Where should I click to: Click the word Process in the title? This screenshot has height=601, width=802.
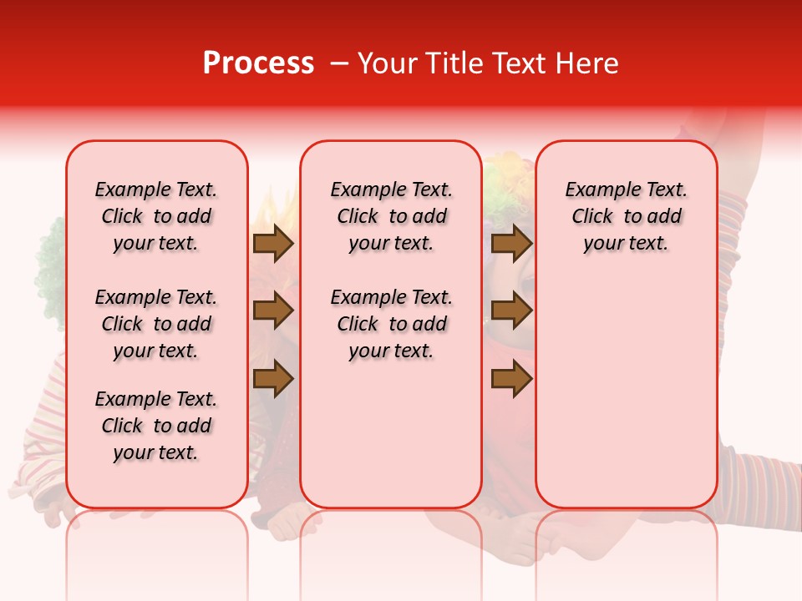click(x=258, y=63)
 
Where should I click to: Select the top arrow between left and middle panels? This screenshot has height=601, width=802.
click(x=273, y=243)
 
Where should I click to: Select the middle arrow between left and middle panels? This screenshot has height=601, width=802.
click(x=273, y=311)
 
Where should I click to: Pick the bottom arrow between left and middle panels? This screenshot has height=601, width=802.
click(x=273, y=380)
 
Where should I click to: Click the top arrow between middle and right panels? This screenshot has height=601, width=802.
click(x=511, y=243)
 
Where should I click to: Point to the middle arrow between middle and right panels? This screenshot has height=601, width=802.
click(x=511, y=311)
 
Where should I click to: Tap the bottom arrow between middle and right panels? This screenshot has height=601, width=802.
click(x=511, y=380)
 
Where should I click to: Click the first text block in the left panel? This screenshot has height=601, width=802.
click(x=156, y=216)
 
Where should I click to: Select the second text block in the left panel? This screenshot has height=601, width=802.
click(x=156, y=324)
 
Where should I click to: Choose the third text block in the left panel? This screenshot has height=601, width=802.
click(x=156, y=426)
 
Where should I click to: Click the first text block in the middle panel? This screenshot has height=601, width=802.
click(x=391, y=216)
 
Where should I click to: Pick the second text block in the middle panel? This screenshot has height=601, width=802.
click(x=391, y=324)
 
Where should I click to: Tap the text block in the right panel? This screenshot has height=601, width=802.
click(x=626, y=216)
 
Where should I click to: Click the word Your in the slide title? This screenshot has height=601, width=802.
click(x=385, y=63)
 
